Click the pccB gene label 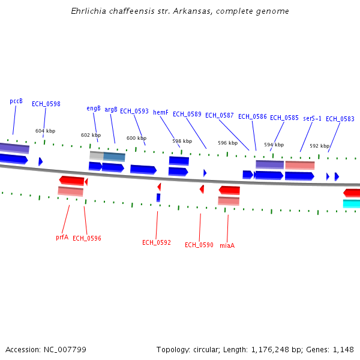pyautogui.click(x=16, y=101)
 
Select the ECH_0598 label pyautogui.click(x=46, y=104)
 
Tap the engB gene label pyautogui.click(x=94, y=109)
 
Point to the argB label pyautogui.click(x=111, y=110)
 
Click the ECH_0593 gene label pyautogui.click(x=134, y=112)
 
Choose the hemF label pyautogui.click(x=161, y=112)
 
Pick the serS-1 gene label pyautogui.click(x=312, y=118)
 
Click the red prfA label pyautogui.click(x=62, y=237)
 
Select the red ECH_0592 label pyautogui.click(x=157, y=243)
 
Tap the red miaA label pyautogui.click(x=227, y=245)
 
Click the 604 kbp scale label pyautogui.click(x=45, y=131)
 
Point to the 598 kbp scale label pyautogui.click(x=182, y=142)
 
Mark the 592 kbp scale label pyautogui.click(x=319, y=146)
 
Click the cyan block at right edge pyautogui.click(x=352, y=203)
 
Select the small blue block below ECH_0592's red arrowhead pyautogui.click(x=158, y=197)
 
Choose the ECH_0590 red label pyautogui.click(x=199, y=245)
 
